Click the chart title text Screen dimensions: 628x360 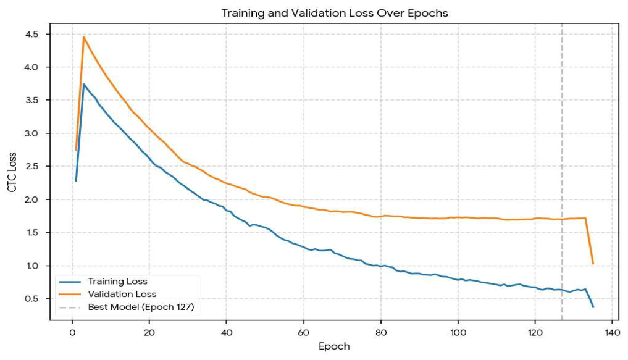tap(335, 13)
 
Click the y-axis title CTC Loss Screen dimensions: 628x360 tap(12, 172)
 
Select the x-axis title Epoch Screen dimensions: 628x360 tap(334, 346)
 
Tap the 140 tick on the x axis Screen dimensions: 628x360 tap(613, 332)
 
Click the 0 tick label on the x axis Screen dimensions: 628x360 tap(72, 332)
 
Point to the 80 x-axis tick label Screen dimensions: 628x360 tap(381, 332)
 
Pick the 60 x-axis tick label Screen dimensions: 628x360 tap(304, 332)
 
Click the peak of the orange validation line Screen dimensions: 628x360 tap(84, 37)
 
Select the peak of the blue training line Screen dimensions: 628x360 tap(84, 84)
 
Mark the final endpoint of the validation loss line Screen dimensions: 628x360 tap(593, 264)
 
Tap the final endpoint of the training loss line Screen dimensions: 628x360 tap(593, 307)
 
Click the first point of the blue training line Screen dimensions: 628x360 tap(76, 181)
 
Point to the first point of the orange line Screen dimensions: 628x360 tap(76, 150)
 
